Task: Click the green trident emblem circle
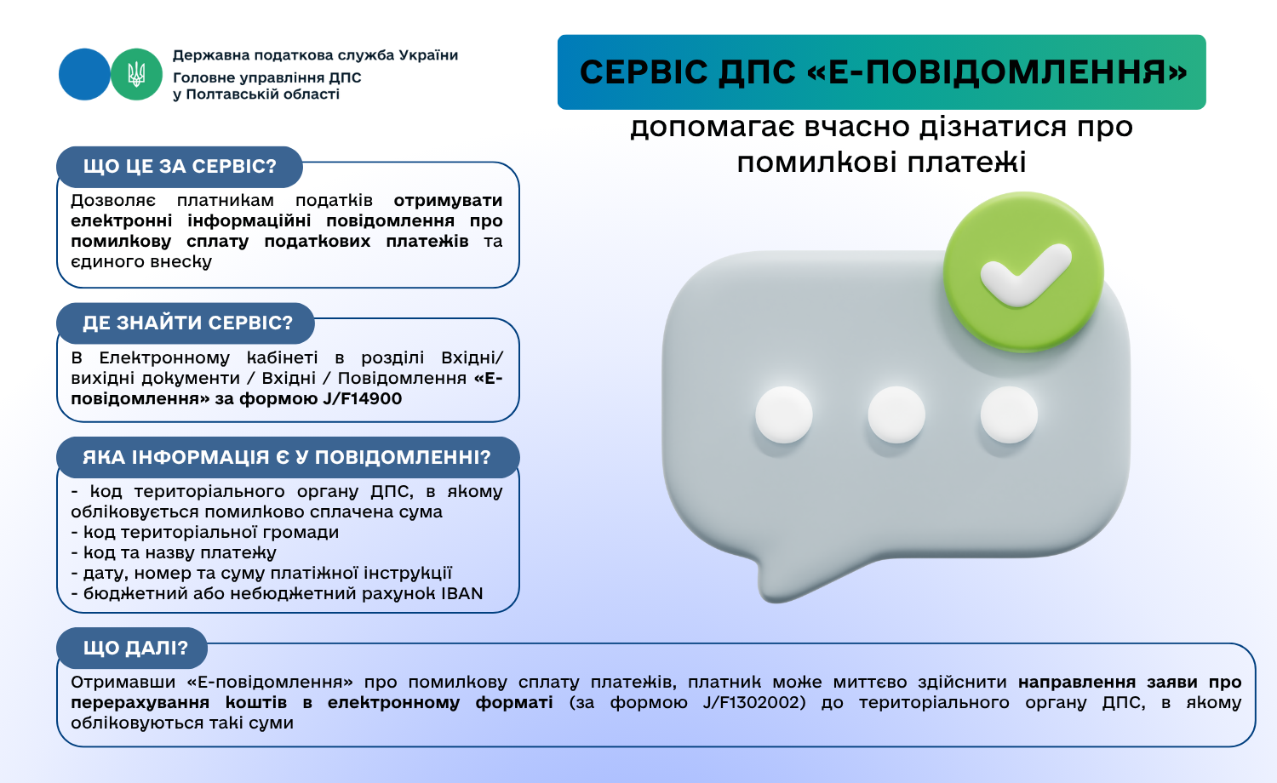coord(136,75)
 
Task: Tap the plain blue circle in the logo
coord(84,75)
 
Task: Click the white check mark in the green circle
coord(1026,274)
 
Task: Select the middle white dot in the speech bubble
coord(896,414)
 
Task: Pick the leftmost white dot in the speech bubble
coord(784,414)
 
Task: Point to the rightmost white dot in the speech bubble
coord(1009,414)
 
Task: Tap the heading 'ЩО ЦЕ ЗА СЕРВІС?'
coord(180,167)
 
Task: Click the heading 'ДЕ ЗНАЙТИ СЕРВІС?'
coord(187,323)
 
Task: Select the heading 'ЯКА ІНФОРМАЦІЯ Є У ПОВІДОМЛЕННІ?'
coord(287,457)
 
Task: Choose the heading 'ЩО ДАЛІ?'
coord(135,648)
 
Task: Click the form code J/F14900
coord(362,398)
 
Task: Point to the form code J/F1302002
coord(753,703)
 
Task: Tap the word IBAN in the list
coord(461,593)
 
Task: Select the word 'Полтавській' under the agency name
coord(263,94)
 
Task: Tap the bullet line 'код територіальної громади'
coord(205,532)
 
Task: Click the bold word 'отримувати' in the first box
coord(448,201)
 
